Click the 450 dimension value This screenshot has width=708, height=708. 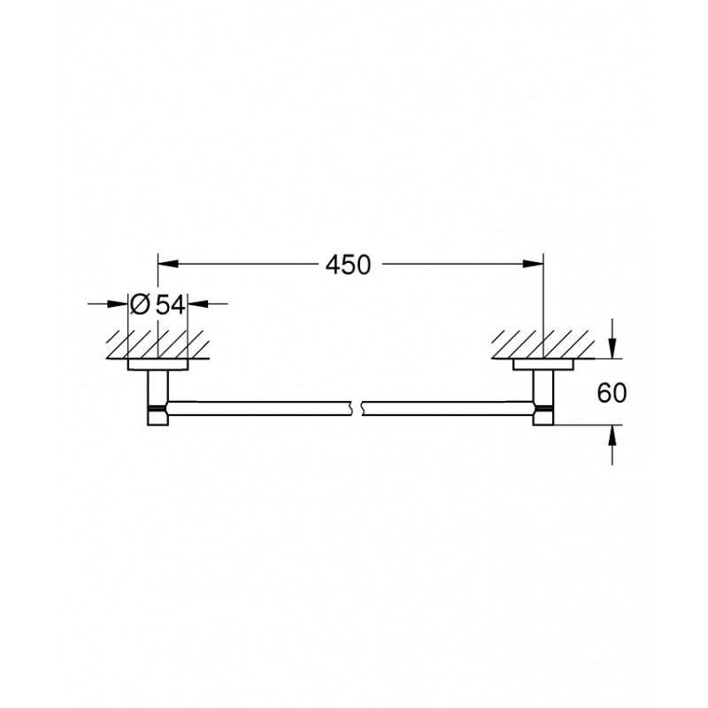pyautogui.click(x=348, y=265)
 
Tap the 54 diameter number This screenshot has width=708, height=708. pyautogui.click(x=170, y=304)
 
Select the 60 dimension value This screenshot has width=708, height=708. pyautogui.click(x=612, y=393)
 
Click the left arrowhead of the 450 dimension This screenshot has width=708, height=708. pyautogui.click(x=168, y=264)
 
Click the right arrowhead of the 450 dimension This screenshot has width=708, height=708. pyautogui.click(x=534, y=264)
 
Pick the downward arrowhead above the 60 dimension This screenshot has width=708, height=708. pyautogui.click(x=612, y=348)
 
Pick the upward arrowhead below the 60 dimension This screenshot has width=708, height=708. pyautogui.click(x=612, y=435)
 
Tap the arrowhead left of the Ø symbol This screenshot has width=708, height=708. pyautogui.click(x=118, y=304)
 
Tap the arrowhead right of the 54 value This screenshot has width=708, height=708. pyautogui.click(x=197, y=304)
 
